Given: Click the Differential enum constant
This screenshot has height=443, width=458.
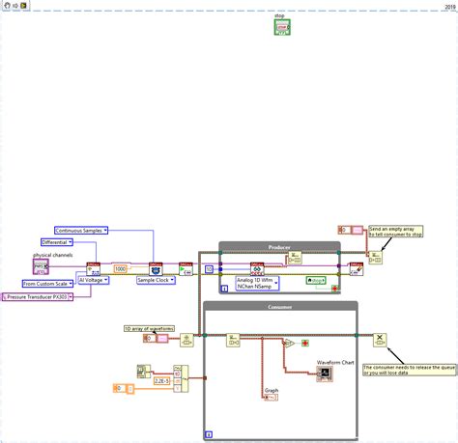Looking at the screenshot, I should [60, 242].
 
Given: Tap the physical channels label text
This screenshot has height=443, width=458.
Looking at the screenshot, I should [52, 255].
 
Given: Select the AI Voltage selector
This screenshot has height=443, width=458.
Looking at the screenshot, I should [96, 280].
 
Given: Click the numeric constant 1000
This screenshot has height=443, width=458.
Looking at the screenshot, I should [121, 268].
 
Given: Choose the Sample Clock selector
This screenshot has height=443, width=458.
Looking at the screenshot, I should [154, 280].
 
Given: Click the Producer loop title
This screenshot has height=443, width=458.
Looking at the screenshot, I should [280, 247].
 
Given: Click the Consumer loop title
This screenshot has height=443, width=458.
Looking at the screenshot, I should [280, 306].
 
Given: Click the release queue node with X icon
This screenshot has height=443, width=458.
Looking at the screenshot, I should [380, 339].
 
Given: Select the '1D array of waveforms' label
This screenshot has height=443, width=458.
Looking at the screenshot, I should [149, 329].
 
